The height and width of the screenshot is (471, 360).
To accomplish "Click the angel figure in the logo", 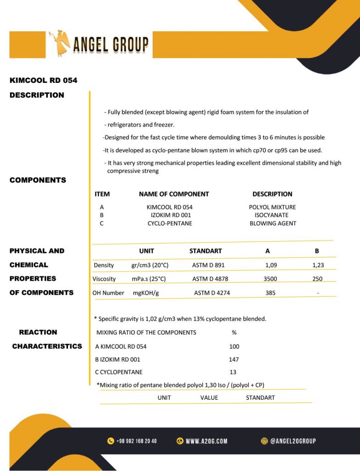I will tap(60, 44).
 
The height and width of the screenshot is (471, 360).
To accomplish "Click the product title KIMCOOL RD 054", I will tap(43, 80).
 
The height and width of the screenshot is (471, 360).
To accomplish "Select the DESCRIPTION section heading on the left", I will tap(37, 95).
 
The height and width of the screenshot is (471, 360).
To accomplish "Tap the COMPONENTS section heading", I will tap(38, 180).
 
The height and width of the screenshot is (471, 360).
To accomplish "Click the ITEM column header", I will tap(102, 194).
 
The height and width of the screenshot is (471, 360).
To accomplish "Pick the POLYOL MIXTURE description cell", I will tap(272, 207).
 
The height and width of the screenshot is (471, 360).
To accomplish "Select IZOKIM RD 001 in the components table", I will tap(171, 215).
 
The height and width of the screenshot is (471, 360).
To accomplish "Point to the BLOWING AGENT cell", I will tap(273, 224).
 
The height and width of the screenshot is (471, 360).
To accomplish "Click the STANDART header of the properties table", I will tap(206, 251).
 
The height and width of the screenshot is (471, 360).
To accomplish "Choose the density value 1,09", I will tap(272, 265).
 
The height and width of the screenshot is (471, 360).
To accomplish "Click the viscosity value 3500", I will tap(270, 279).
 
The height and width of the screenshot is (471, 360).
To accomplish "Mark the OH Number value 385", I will tap(270, 293).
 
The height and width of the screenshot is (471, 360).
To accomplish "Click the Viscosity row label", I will tap(104, 279).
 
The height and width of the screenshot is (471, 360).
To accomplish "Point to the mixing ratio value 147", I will tap(234, 360).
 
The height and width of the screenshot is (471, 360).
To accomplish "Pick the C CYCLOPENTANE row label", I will tap(119, 372).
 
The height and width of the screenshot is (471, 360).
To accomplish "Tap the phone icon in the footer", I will tap(110, 441).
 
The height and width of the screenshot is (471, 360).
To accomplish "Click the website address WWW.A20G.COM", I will tap(206, 441).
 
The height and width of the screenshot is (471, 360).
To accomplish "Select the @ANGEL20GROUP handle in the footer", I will tap(293, 441).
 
